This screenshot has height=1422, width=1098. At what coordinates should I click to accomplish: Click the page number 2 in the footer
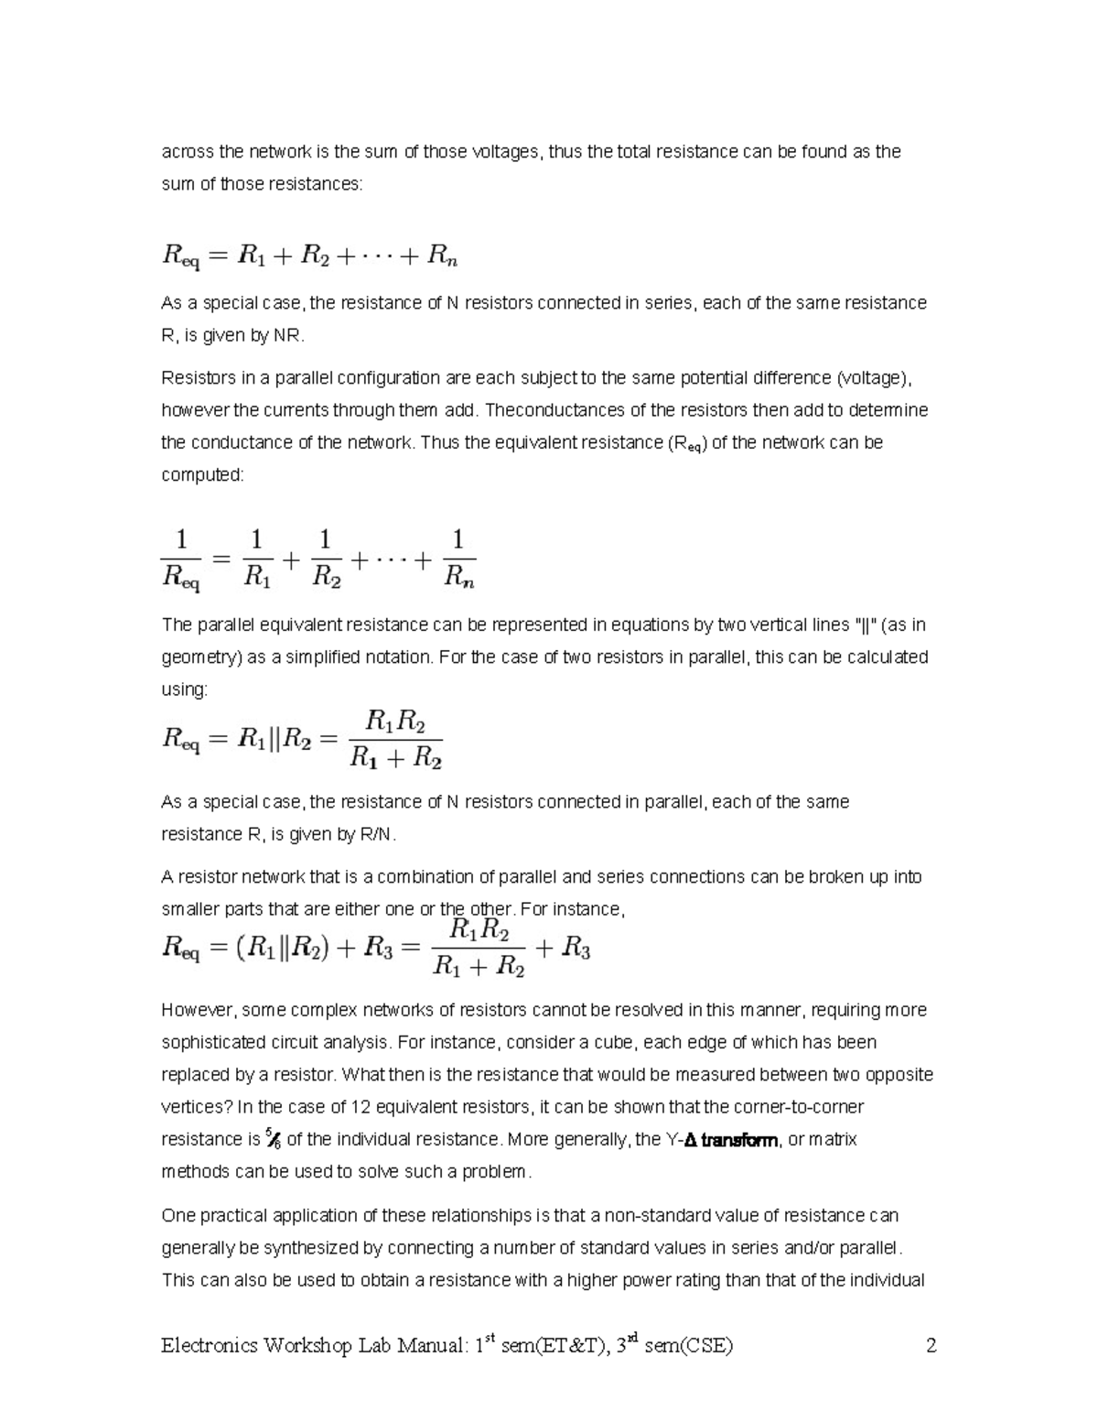[931, 1346]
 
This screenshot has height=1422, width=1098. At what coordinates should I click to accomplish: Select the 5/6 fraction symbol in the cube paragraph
[273, 1140]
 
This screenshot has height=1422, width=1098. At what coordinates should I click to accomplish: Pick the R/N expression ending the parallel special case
[379, 834]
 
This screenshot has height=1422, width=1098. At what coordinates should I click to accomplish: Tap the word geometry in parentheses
[203, 657]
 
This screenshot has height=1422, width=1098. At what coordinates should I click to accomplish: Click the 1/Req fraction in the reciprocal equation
[181, 558]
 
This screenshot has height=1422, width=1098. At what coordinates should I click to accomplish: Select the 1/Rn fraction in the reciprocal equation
[458, 558]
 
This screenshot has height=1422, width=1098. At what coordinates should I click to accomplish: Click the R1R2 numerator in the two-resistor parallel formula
[395, 722]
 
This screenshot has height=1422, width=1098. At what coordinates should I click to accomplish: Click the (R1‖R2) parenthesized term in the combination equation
[282, 950]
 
